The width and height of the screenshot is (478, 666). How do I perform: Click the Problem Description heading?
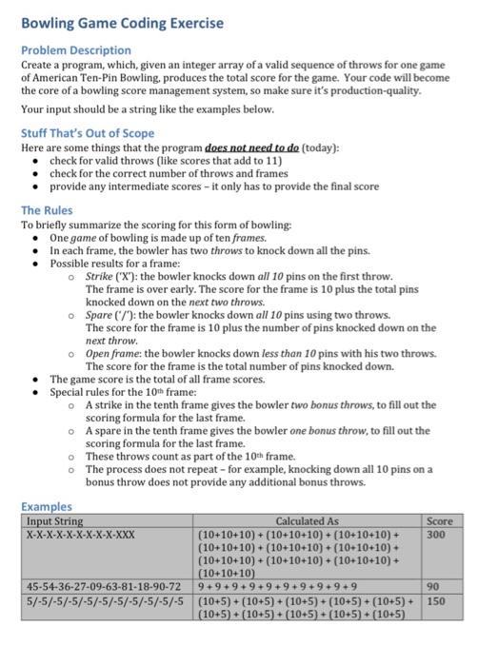(76, 49)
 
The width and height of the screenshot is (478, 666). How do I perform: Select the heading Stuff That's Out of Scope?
(88, 133)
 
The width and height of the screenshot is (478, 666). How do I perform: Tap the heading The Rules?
(46, 210)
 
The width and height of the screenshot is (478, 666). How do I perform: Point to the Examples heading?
(47, 507)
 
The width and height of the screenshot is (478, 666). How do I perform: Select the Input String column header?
(54, 521)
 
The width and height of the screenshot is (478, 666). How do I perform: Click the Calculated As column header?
(307, 521)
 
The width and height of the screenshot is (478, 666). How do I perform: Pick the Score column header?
(440, 521)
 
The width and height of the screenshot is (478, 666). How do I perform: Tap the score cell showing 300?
(436, 535)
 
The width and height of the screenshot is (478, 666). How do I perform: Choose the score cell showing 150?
(436, 601)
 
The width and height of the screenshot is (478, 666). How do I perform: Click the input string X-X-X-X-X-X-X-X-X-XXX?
(81, 535)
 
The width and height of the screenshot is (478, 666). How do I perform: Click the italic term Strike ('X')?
(112, 274)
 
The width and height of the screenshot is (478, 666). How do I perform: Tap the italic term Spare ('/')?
(111, 314)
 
